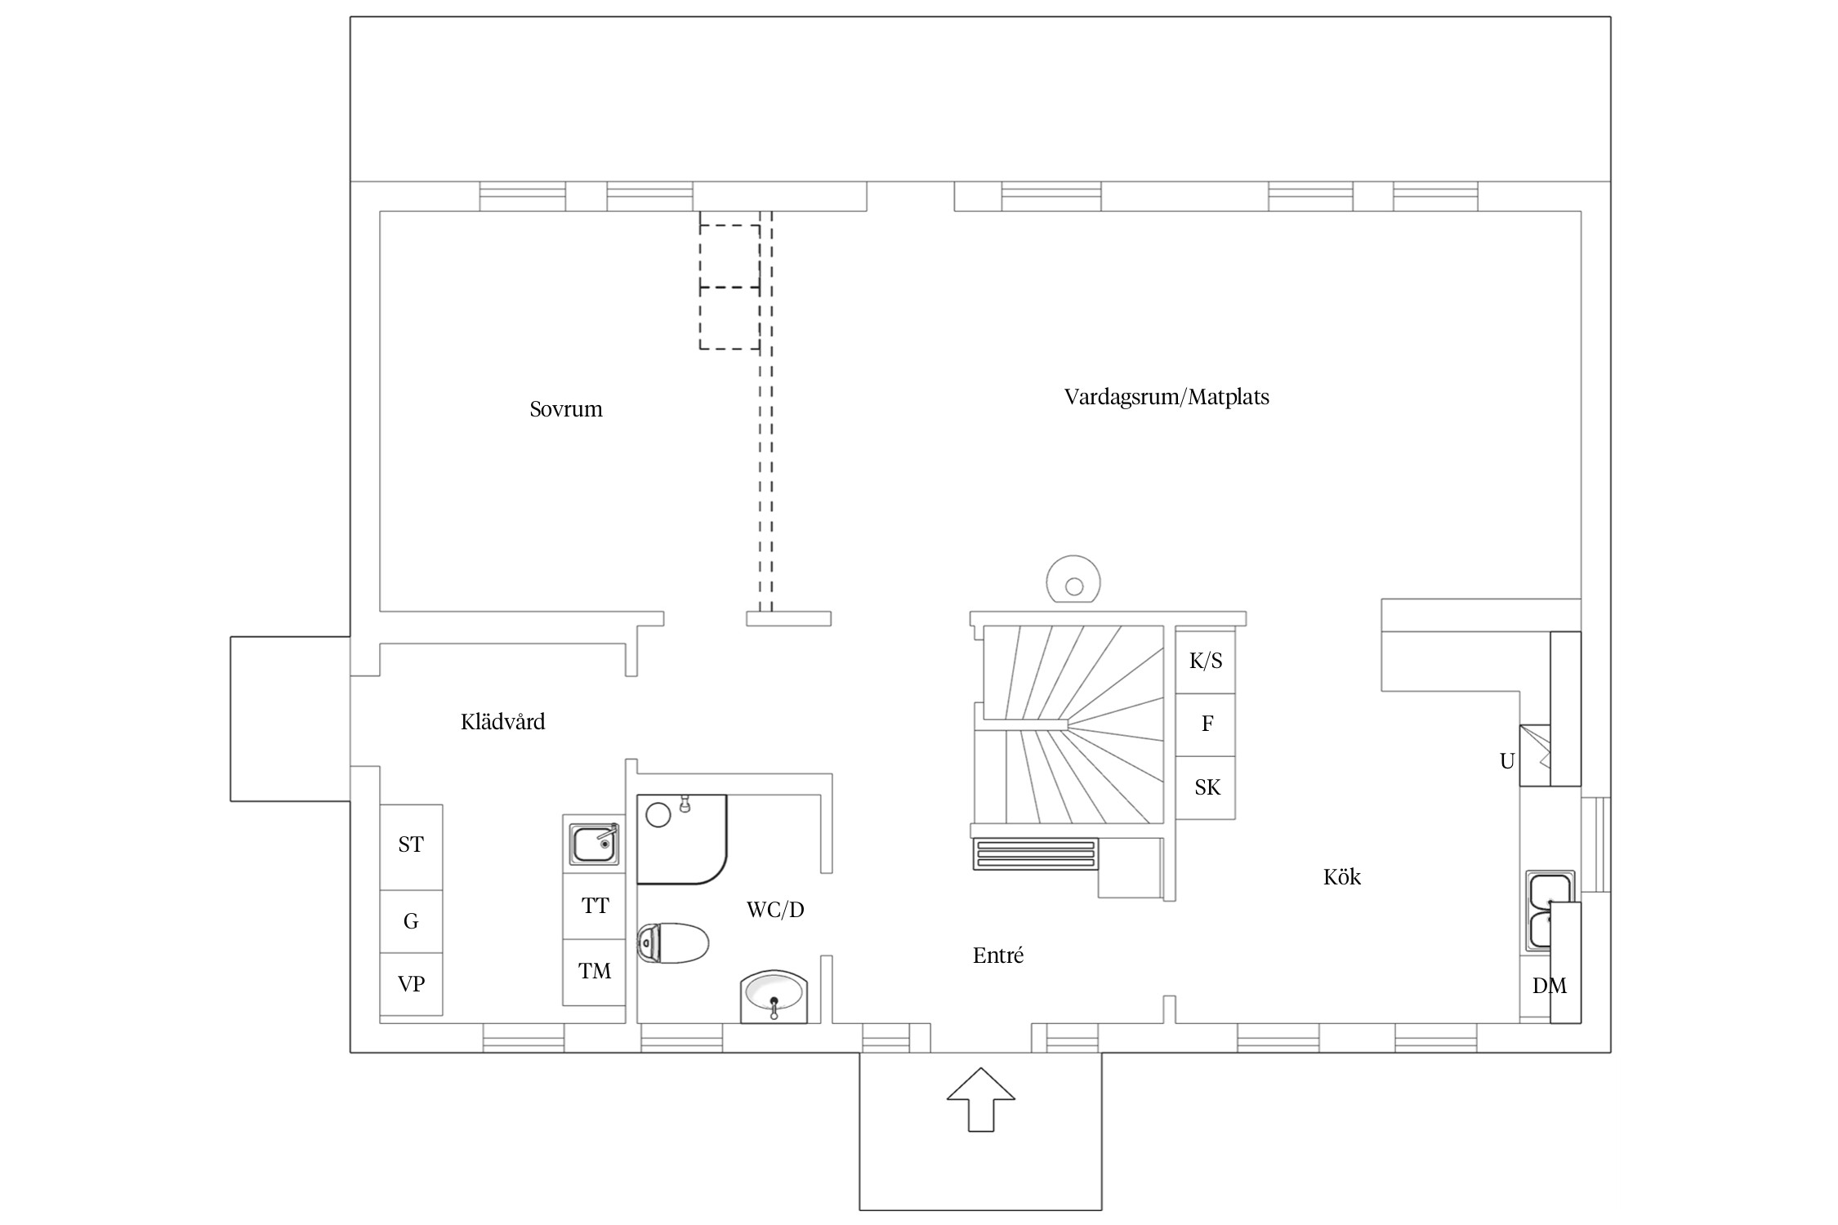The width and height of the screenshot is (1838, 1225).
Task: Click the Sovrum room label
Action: coord(566,409)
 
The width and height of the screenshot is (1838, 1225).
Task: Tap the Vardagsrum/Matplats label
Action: coord(1167,398)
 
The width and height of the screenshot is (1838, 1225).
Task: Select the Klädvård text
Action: coord(502,722)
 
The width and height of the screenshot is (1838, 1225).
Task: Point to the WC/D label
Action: coord(775,910)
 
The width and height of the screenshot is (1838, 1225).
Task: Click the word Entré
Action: coord(998,955)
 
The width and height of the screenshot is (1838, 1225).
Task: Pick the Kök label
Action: coord(1342,877)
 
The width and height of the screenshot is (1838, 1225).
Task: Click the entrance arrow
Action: coord(981,1099)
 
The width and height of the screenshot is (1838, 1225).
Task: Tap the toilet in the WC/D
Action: coord(672,944)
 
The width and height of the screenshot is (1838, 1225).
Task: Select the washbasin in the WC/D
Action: coord(773,997)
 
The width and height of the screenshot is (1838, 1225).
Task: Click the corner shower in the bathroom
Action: coord(681,839)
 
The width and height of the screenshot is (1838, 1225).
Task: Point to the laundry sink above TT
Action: coord(595,844)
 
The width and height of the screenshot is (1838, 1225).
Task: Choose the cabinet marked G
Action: coord(411,921)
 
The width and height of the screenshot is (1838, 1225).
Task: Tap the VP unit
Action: coord(411,984)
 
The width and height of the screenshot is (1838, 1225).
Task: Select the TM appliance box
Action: coord(594,972)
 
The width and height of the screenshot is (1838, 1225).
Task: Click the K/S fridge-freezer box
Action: coord(1205,661)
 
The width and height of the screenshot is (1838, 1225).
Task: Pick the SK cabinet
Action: coord(1205,787)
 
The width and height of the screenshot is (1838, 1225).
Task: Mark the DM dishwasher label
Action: coord(1549,987)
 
